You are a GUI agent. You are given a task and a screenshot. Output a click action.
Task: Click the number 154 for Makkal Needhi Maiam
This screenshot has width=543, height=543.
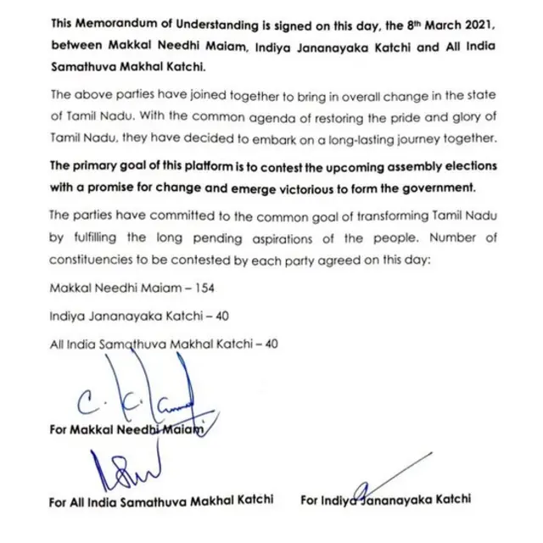point(204,288)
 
